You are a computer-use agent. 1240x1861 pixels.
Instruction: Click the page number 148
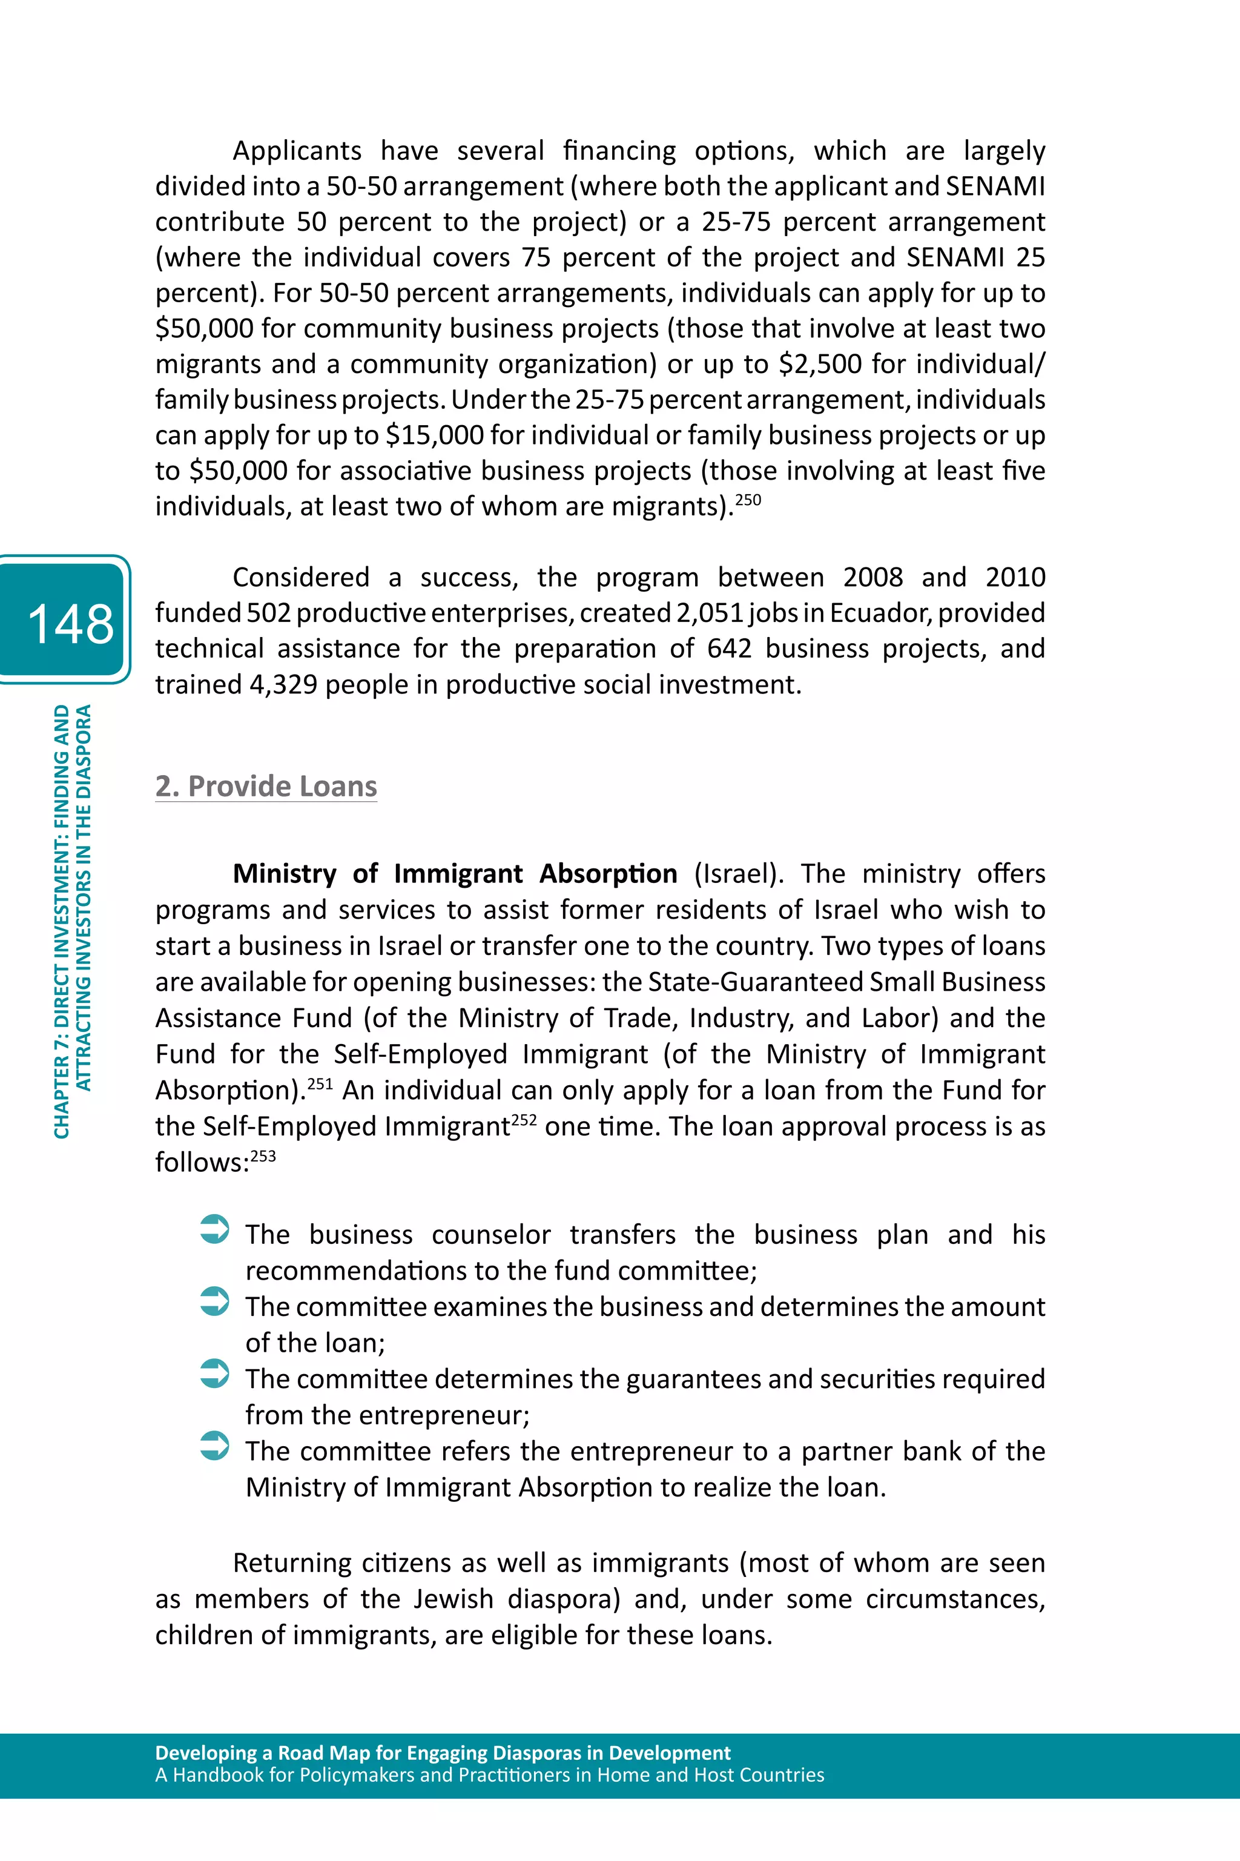pos(70,623)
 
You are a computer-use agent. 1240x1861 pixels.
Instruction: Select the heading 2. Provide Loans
pos(266,785)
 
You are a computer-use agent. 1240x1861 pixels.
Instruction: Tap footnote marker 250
pos(748,500)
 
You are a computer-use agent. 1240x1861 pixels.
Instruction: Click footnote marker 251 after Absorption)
pos(320,1083)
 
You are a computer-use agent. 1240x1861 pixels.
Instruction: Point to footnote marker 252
pos(524,1120)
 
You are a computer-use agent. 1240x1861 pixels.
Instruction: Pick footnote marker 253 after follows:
pos(263,1156)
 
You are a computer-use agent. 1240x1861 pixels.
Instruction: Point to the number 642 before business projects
pos(728,649)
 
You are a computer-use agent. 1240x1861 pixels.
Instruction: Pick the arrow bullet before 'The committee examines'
pos(214,1301)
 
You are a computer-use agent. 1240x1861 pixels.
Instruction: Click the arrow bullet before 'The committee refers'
pos(214,1445)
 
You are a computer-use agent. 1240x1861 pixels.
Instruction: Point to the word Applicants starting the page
pos(297,150)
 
